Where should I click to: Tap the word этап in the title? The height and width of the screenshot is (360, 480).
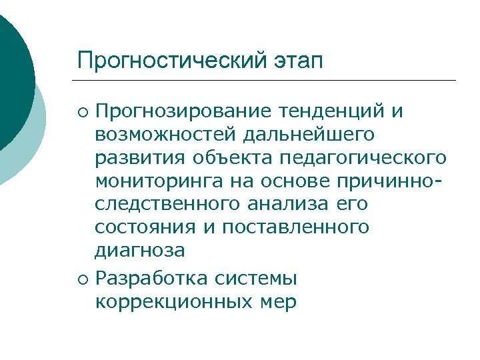[x=297, y=61]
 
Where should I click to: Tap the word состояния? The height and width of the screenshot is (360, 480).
[x=143, y=227]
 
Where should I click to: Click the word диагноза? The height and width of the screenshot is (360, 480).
[x=140, y=251]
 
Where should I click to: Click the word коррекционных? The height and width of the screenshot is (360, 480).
[x=169, y=301]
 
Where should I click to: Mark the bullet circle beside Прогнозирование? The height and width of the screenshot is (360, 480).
[x=83, y=111]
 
